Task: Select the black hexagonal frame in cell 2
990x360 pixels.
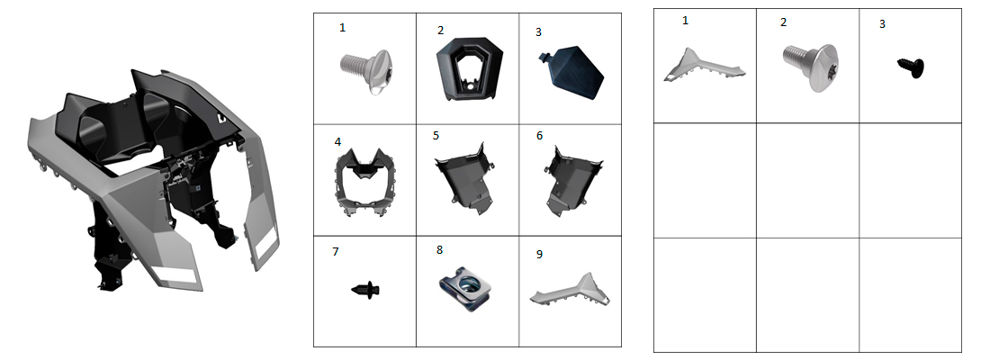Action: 469,67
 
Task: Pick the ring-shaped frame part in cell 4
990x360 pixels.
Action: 363,181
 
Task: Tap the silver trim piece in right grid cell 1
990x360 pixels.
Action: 702,67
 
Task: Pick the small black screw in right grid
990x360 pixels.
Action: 910,67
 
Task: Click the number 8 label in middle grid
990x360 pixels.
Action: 439,249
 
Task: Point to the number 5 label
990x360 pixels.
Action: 436,135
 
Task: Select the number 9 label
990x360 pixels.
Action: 538,254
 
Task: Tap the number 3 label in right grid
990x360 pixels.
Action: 882,24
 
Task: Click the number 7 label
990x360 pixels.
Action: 336,251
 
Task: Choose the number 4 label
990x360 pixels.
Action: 337,141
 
